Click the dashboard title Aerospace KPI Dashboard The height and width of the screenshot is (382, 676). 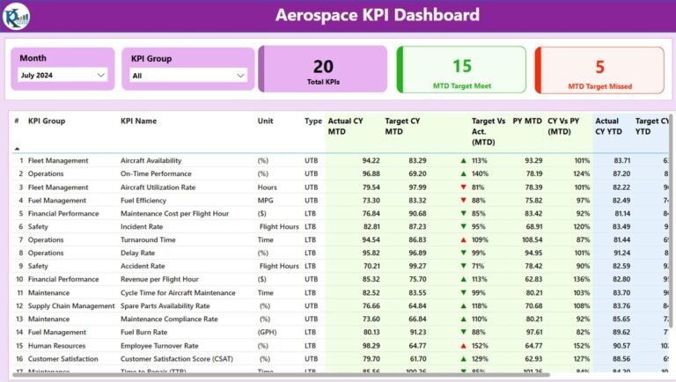377,15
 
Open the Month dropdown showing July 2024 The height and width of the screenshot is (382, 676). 62,76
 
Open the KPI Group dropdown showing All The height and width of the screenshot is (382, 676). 188,76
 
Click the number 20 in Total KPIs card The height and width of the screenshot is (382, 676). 323,66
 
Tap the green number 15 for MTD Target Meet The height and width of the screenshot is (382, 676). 461,66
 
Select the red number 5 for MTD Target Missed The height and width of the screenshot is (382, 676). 599,67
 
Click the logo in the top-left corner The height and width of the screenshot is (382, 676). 16,15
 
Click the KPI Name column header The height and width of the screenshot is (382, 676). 139,121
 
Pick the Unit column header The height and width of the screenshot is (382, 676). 266,121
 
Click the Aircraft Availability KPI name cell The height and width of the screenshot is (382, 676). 151,160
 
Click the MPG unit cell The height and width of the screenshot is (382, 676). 265,200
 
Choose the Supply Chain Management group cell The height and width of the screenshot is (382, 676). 71,305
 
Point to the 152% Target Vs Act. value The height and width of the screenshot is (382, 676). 480,345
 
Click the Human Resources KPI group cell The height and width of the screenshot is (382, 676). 59,345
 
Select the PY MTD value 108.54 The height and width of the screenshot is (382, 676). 528,239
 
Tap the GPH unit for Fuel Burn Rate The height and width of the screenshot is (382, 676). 267,332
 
